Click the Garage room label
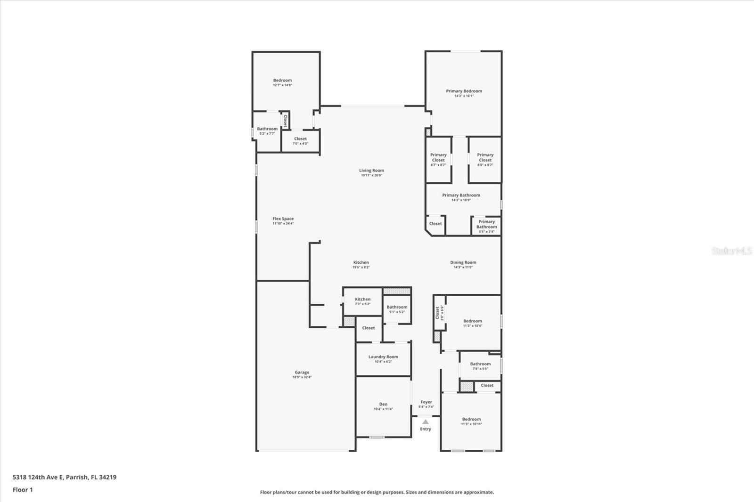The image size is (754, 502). point(302,372)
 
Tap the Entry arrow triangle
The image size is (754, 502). point(426,422)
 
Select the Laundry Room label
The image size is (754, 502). point(383,357)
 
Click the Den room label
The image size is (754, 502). point(383,405)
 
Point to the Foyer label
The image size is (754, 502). point(426,402)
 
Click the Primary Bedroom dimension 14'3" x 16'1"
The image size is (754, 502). point(464,96)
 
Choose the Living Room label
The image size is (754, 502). point(371,170)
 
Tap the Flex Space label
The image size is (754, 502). point(283,219)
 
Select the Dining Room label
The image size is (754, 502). point(463,263)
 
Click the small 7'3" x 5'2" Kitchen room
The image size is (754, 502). point(362,301)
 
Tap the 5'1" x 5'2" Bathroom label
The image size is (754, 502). point(397,308)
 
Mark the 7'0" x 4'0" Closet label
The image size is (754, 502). point(300,139)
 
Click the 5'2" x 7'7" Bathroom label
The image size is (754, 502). point(267,129)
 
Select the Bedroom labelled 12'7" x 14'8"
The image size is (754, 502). point(282,81)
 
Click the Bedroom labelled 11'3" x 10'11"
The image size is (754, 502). point(471,420)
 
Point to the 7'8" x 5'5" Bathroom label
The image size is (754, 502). point(480,364)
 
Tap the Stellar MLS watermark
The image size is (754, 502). point(731,251)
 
